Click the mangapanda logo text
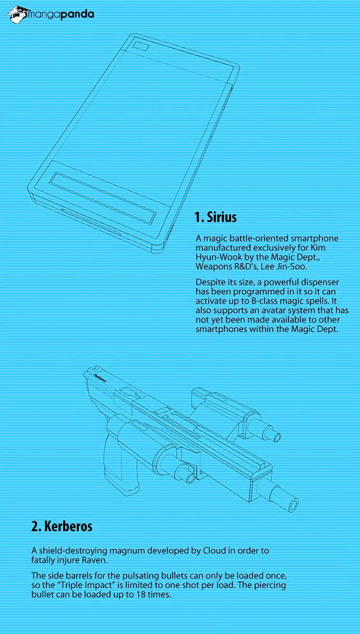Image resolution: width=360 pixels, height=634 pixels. point(61,15)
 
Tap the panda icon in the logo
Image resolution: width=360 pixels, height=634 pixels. point(18,14)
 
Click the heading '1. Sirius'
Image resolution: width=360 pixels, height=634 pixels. point(215,217)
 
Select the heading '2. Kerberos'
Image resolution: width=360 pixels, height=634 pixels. point(62,526)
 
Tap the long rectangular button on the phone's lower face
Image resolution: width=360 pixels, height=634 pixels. point(103,197)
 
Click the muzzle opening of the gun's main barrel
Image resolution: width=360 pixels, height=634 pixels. point(293,505)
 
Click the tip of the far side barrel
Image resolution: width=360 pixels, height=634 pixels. point(277,437)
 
